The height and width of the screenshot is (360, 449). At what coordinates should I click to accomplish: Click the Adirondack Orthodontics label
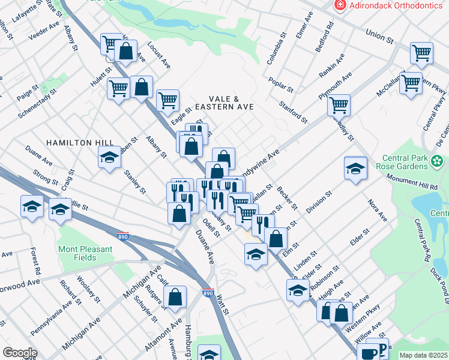(393, 5)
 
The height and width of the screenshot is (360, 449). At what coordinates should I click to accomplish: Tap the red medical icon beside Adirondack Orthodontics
(341, 5)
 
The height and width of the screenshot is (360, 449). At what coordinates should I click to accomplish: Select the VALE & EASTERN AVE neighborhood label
(232, 103)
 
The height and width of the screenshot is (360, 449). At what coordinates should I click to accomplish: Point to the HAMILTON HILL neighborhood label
(80, 142)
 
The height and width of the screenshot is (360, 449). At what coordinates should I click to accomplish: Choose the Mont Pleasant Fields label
(85, 253)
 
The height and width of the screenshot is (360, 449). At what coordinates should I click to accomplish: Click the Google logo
(19, 353)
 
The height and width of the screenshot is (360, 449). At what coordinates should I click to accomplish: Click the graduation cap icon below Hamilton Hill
(109, 158)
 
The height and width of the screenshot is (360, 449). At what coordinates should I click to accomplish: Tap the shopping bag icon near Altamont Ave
(175, 296)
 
